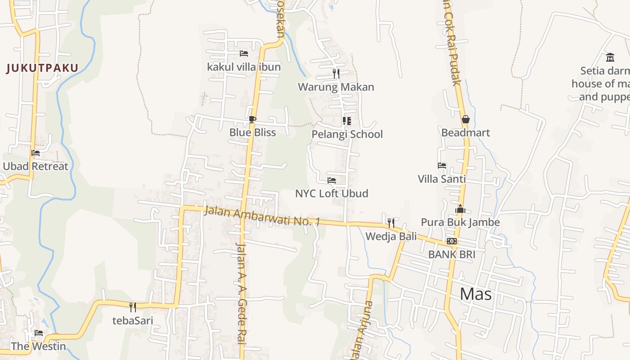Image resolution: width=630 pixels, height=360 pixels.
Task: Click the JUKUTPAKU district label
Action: point(42,68)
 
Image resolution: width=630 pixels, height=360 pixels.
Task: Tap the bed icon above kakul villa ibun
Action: point(244,54)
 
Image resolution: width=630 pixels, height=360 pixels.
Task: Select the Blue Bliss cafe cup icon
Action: point(252,119)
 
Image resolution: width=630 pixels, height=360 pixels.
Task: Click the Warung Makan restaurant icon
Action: point(336,74)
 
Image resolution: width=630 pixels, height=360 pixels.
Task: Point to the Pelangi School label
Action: point(347,134)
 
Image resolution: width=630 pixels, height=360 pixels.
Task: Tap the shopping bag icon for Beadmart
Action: point(465,119)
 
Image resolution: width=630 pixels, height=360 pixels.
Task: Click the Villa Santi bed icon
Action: point(442,166)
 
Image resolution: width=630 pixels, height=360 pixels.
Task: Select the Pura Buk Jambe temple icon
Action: point(460,209)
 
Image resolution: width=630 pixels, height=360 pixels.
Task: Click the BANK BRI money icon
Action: point(452,241)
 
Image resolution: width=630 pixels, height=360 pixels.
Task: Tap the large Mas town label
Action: point(476,294)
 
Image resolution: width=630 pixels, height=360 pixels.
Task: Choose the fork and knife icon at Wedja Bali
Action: point(391,223)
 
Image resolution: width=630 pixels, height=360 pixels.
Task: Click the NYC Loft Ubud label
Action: point(332,193)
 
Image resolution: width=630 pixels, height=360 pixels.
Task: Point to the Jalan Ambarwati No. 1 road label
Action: point(262,216)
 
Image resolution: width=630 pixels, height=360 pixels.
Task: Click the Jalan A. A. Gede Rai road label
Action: point(242,292)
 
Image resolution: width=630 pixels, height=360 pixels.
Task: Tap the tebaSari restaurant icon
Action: point(133,307)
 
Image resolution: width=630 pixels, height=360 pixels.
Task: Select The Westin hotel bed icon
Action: point(39,333)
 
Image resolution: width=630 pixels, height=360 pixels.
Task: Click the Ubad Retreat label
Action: point(36,166)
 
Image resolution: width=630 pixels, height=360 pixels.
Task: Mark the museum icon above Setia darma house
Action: point(610,57)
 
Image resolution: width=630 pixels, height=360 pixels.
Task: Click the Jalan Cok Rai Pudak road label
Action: point(451,45)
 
